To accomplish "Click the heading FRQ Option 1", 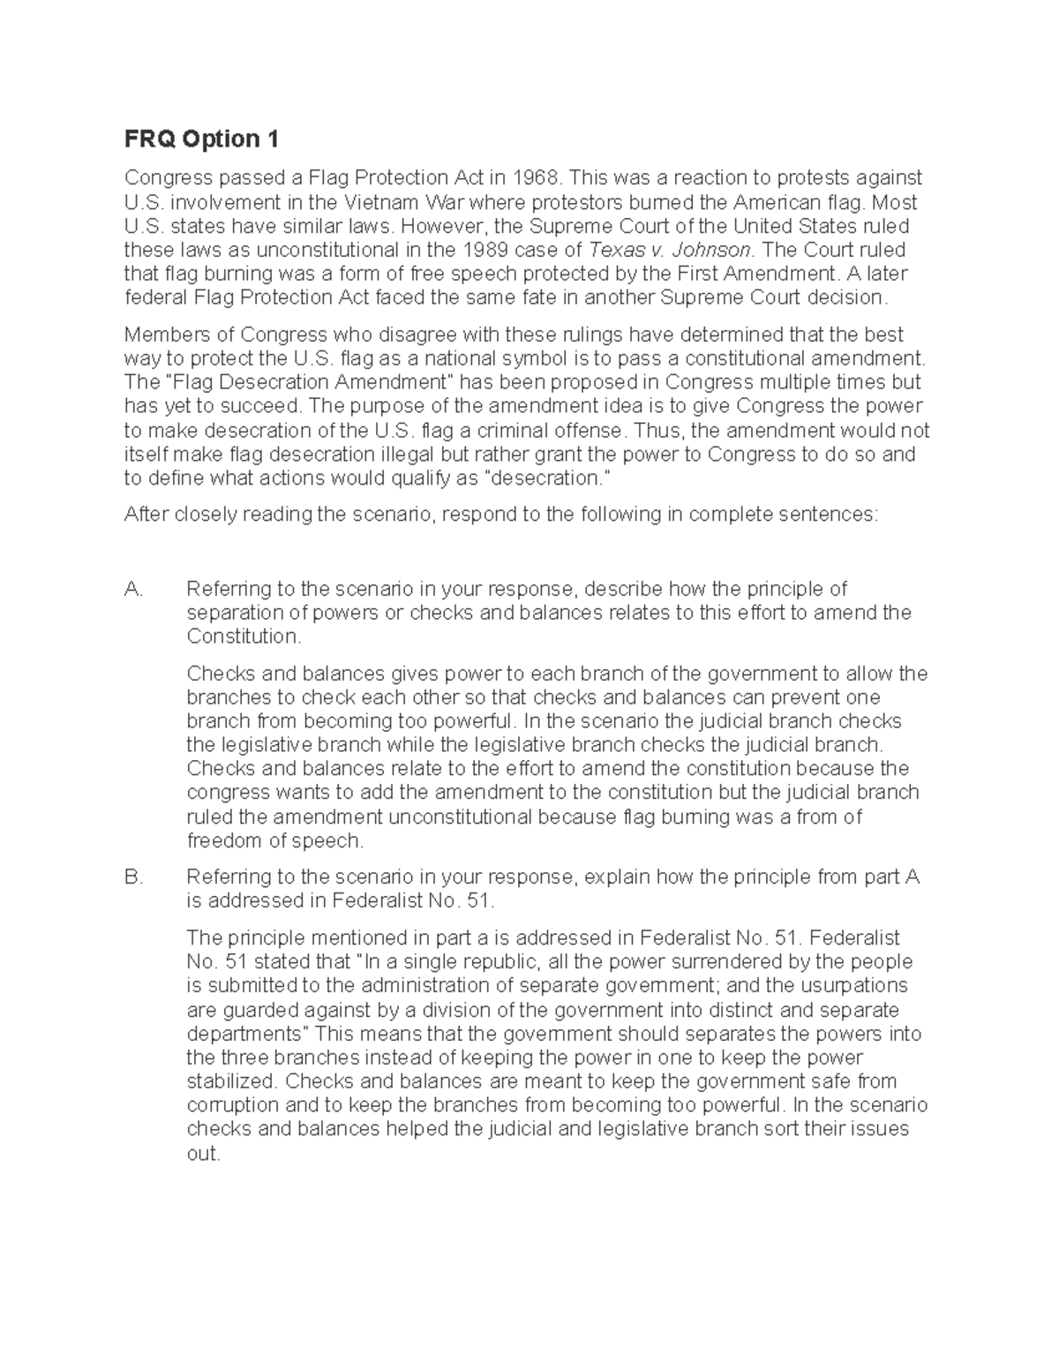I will click(201, 139).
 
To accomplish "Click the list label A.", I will click(134, 589).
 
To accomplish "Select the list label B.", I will click(134, 878).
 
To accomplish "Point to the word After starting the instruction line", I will click(147, 515).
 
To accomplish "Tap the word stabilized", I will click(232, 1081).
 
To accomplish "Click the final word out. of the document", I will click(203, 1154).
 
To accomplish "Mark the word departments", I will click(244, 1034).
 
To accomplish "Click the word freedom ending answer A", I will click(225, 840).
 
